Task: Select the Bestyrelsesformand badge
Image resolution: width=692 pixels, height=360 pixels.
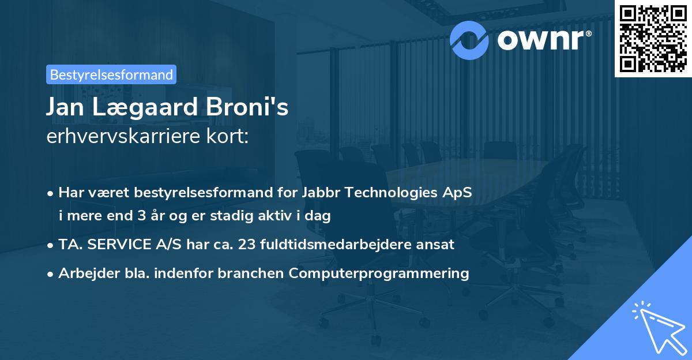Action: [x=111, y=74]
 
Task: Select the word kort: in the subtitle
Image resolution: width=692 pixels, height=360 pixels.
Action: [x=230, y=137]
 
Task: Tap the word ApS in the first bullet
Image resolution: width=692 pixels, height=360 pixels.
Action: [x=460, y=193]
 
